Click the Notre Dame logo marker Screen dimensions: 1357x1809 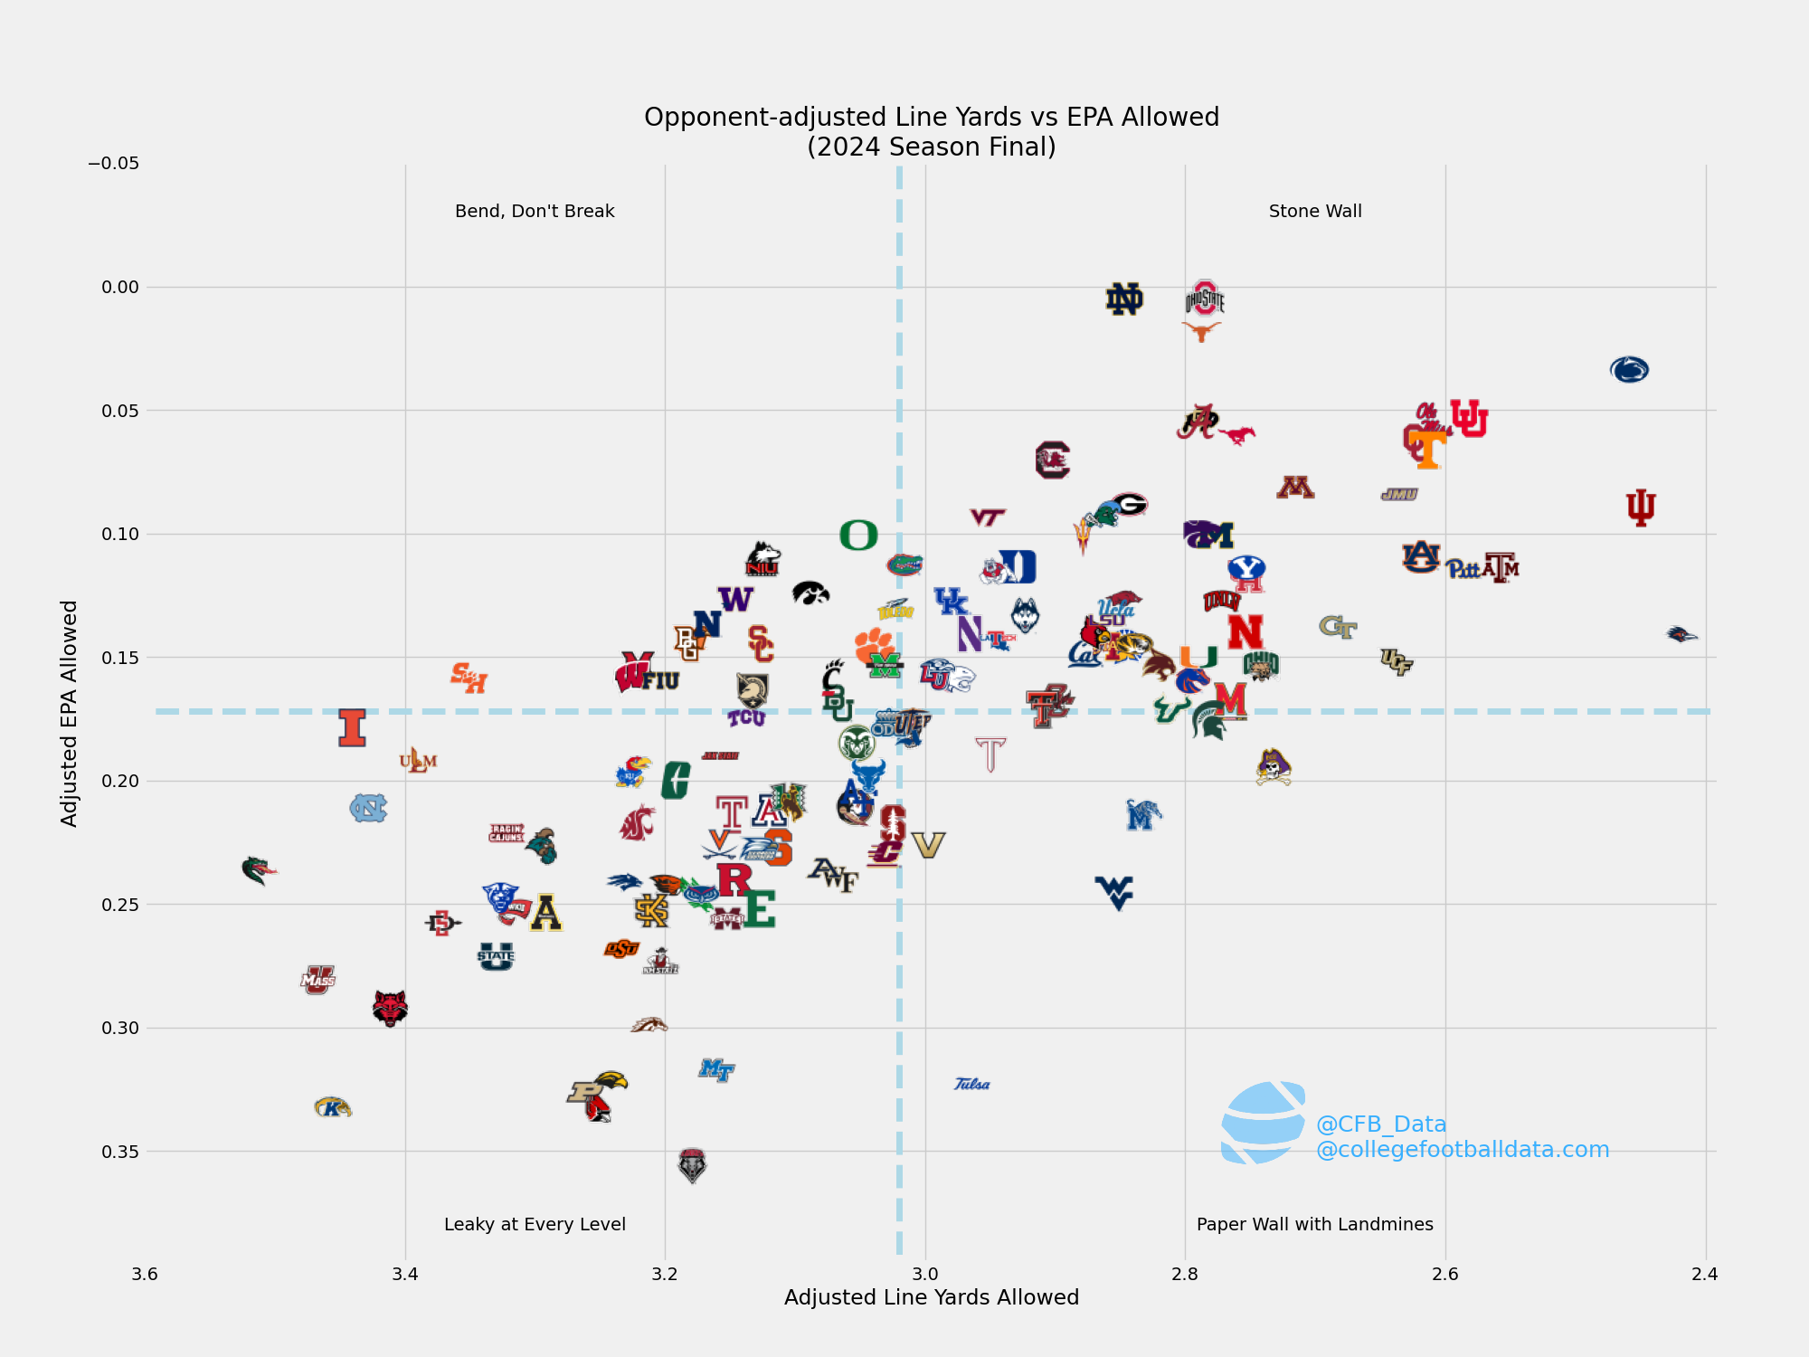[1124, 299]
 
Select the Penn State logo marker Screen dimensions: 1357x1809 [1629, 369]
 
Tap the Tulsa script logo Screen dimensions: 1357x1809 [972, 1084]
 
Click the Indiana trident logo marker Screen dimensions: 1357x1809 [1640, 508]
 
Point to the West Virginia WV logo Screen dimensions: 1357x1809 [1114, 891]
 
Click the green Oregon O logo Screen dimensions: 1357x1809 [858, 536]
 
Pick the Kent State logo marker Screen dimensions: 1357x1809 [332, 1107]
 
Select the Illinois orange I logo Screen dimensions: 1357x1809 [352, 727]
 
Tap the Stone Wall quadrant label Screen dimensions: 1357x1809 [1314, 211]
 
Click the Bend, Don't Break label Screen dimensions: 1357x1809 [535, 211]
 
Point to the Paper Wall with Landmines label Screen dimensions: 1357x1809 [1314, 1224]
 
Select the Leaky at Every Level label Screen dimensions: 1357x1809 [535, 1224]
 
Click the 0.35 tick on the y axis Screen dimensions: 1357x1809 [120, 1152]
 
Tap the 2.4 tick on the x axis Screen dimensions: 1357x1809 [1705, 1274]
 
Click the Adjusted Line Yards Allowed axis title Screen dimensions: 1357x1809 [931, 1297]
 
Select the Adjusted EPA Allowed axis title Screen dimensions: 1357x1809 [70, 713]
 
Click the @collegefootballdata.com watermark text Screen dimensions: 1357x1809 [1462, 1150]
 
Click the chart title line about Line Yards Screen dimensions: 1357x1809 [931, 117]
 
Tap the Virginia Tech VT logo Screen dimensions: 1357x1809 [987, 517]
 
